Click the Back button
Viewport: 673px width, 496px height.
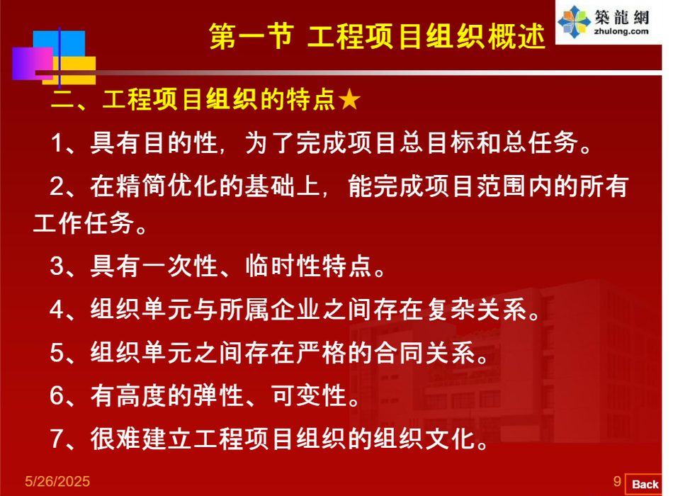(644, 485)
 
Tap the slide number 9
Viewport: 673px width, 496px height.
(617, 481)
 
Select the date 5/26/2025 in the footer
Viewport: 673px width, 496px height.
(57, 481)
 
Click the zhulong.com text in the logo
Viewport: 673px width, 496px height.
(621, 31)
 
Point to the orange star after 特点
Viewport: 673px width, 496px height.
(349, 99)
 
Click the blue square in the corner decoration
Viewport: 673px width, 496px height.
(59, 44)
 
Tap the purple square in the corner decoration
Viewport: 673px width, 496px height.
(33, 64)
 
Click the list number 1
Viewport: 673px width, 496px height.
(56, 143)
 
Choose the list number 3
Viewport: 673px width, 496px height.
(57, 266)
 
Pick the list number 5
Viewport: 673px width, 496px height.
(57, 353)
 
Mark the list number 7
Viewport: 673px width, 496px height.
(57, 439)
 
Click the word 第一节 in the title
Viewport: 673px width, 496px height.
(251, 36)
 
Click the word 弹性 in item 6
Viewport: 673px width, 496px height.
(219, 395)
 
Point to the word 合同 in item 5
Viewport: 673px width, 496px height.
(399, 353)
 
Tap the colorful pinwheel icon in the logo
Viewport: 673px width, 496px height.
(574, 23)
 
